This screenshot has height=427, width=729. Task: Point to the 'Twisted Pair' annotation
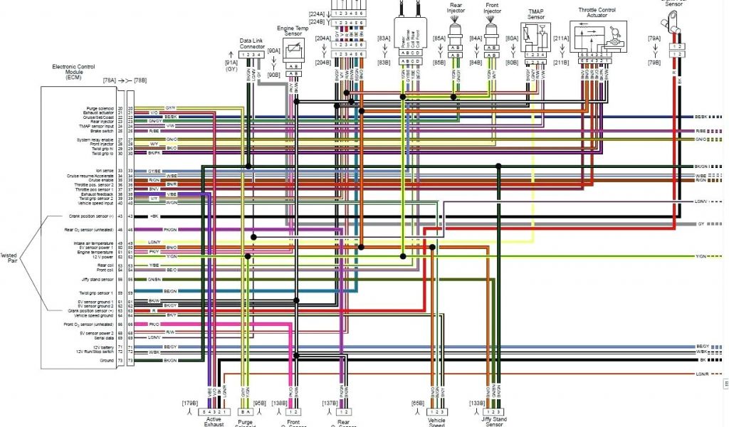click(9, 258)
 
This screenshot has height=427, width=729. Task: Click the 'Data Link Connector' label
click(253, 43)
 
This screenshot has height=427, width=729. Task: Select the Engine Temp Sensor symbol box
click(293, 53)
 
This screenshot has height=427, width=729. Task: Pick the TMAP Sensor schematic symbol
click(534, 35)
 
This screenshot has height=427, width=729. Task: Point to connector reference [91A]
click(232, 63)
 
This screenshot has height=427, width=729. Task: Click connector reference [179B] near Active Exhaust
click(191, 403)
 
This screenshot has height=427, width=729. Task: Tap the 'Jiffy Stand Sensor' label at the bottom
click(495, 421)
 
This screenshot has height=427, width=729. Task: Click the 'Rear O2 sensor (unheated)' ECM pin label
click(98, 230)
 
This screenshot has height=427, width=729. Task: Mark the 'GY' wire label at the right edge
click(701, 223)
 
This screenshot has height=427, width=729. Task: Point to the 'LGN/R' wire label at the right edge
click(703, 374)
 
